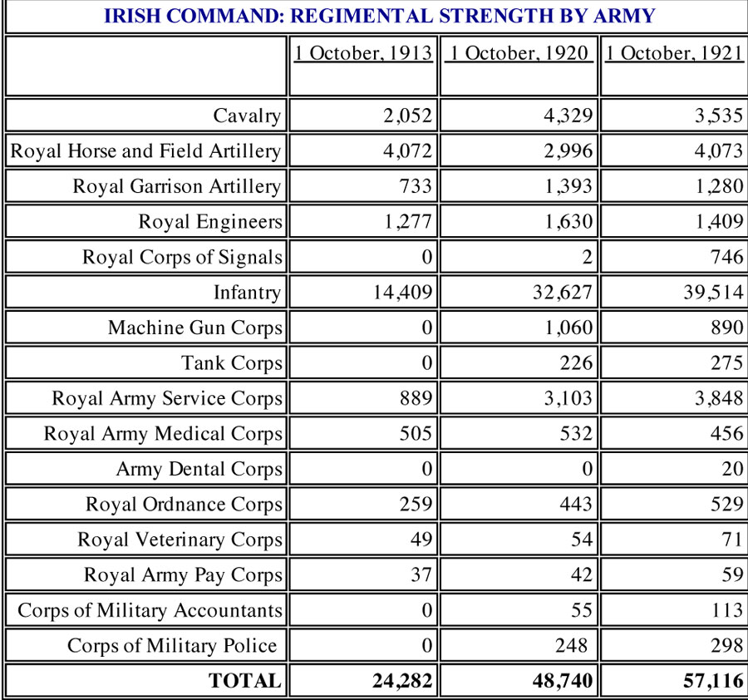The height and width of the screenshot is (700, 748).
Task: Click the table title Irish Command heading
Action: tap(379, 16)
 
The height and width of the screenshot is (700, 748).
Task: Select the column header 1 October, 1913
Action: tap(363, 53)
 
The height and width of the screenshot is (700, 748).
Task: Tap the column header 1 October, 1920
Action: tap(519, 53)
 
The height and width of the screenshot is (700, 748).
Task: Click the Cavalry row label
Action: tap(247, 116)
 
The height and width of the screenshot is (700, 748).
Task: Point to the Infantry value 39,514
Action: tap(713, 292)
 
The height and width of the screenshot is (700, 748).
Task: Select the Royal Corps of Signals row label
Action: tap(182, 257)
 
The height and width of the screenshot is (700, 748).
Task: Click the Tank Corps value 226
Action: tap(576, 362)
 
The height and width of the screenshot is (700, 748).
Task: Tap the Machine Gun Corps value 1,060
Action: tap(568, 328)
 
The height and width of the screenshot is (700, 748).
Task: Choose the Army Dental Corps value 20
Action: tap(732, 469)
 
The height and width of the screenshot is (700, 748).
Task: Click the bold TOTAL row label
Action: tap(244, 680)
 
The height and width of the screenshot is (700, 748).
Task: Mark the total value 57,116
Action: tap(713, 680)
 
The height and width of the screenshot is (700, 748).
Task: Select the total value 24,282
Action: tap(402, 680)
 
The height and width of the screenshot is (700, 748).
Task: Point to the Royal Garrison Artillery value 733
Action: tap(415, 186)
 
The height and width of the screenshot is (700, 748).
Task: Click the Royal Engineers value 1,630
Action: tap(568, 221)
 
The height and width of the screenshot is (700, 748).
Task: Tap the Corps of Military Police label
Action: tap(172, 645)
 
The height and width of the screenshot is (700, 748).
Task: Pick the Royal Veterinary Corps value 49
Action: tap(421, 540)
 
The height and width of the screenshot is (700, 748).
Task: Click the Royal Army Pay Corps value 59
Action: tap(732, 574)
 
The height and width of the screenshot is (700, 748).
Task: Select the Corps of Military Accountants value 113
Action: tap(727, 610)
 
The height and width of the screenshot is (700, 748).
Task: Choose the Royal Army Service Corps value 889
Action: tap(416, 398)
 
